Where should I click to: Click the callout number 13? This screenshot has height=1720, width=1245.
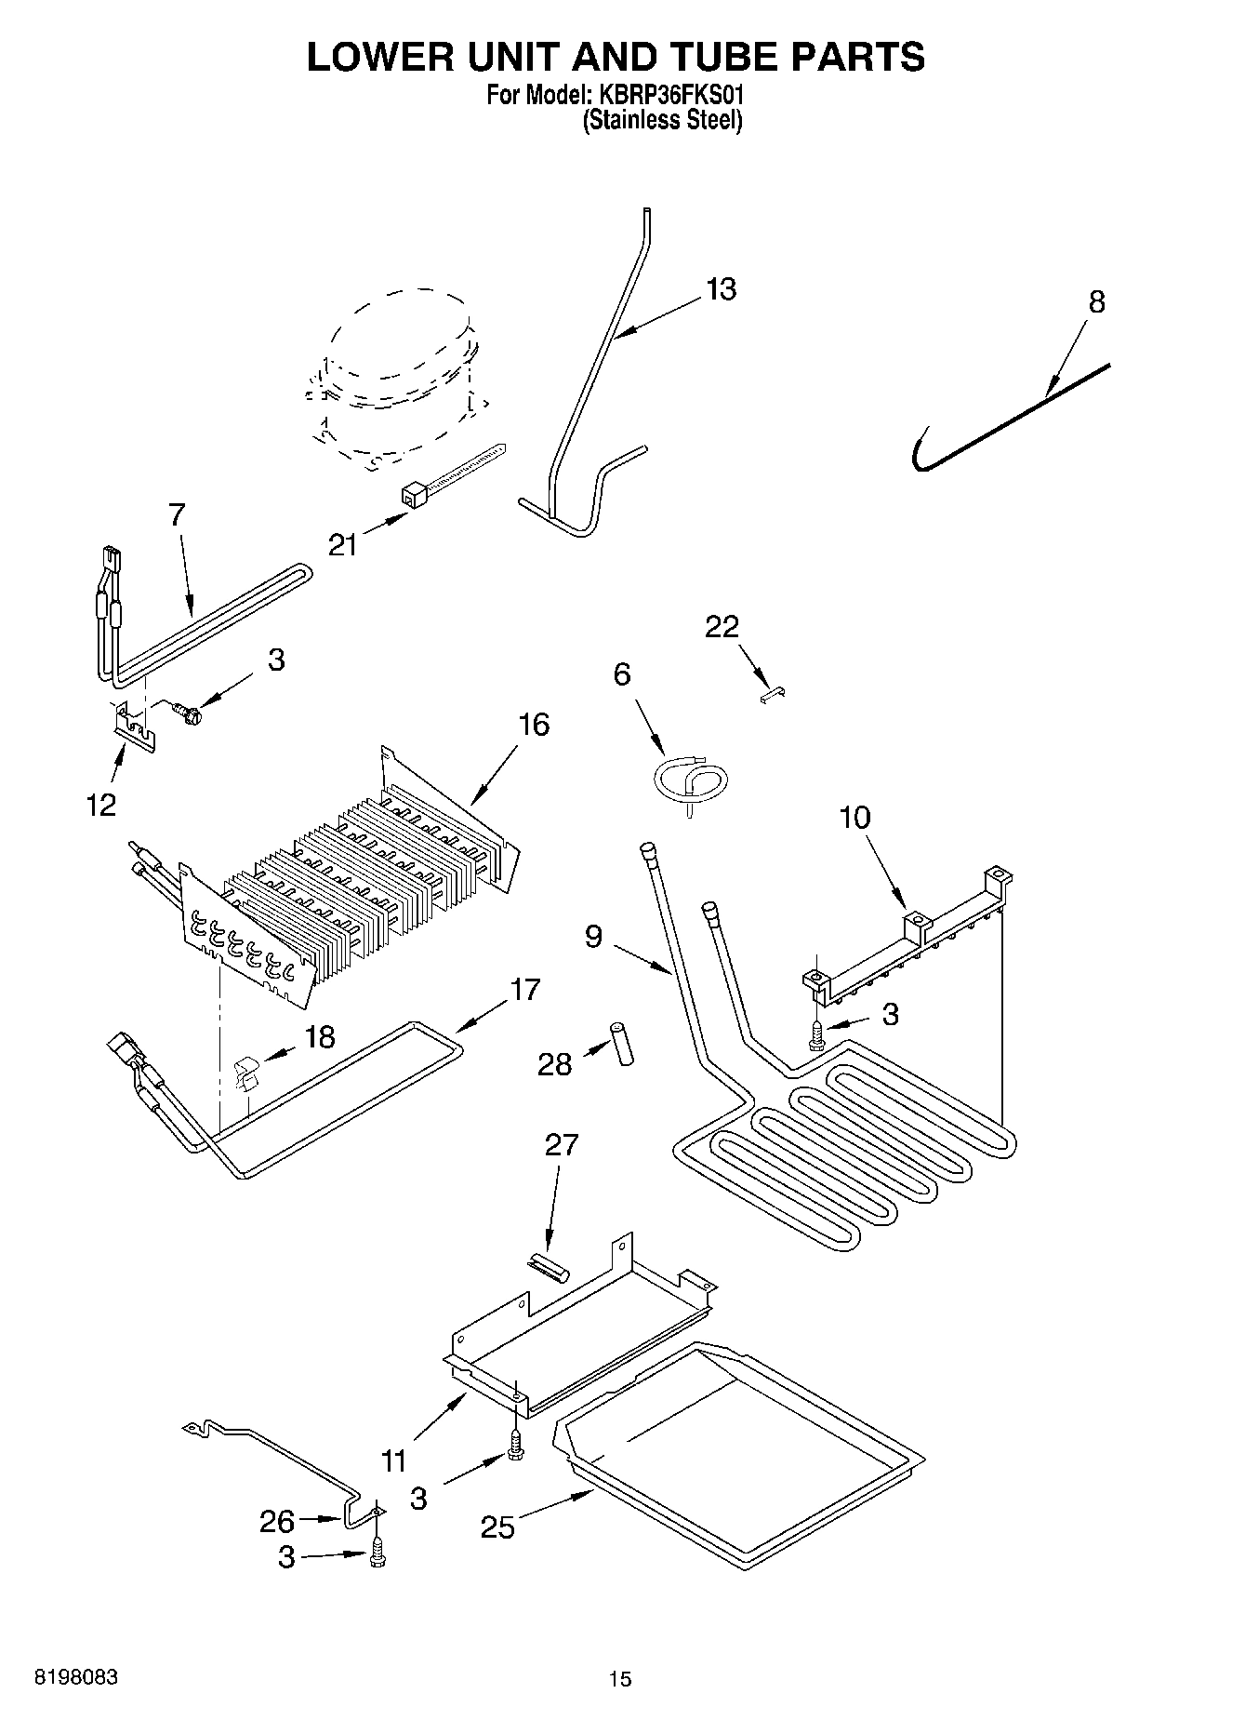point(721,289)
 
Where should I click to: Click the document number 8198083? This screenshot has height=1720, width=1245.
point(76,1677)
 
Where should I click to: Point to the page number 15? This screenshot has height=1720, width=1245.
point(619,1679)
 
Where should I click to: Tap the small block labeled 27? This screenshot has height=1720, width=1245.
point(548,1268)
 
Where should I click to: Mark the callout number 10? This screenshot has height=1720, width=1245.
point(854,818)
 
